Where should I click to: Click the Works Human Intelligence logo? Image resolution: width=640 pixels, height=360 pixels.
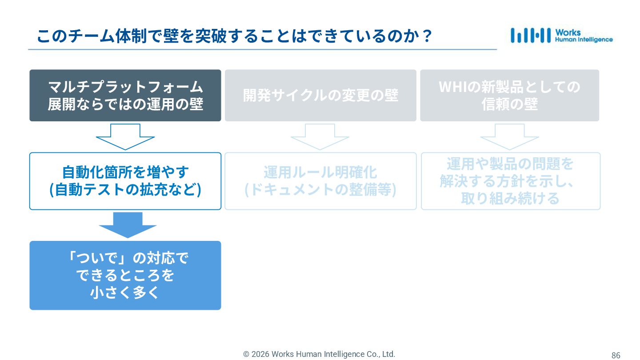561,36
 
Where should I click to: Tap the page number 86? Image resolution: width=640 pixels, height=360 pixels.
616,355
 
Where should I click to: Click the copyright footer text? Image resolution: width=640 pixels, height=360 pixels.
319,354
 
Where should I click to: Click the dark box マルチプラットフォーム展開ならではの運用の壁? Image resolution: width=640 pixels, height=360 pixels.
125,95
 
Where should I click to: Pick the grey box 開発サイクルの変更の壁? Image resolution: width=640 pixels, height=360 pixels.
320,95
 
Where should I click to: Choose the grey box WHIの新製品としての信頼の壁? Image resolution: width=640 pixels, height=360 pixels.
509,95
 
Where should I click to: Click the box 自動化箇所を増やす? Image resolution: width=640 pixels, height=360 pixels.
125,181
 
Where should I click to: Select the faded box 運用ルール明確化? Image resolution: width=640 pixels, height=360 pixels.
320,181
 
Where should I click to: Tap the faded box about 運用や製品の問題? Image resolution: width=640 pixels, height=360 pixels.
511,181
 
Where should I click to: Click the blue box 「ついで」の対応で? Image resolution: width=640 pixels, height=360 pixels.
125,275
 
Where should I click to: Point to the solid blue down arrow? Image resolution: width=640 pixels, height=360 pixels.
128,224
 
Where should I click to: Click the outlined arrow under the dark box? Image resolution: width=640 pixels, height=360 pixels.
125,136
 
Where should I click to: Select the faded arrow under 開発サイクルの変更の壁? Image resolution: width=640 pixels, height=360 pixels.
320,136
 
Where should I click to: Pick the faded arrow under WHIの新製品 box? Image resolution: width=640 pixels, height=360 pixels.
509,136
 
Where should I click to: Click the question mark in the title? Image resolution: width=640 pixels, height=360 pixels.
427,36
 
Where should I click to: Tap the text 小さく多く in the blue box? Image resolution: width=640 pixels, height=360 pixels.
125,292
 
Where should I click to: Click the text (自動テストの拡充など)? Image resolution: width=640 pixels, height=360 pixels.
125,190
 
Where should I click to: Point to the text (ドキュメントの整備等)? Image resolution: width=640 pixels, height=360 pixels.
320,190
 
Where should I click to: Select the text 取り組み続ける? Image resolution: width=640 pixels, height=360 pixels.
510,198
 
